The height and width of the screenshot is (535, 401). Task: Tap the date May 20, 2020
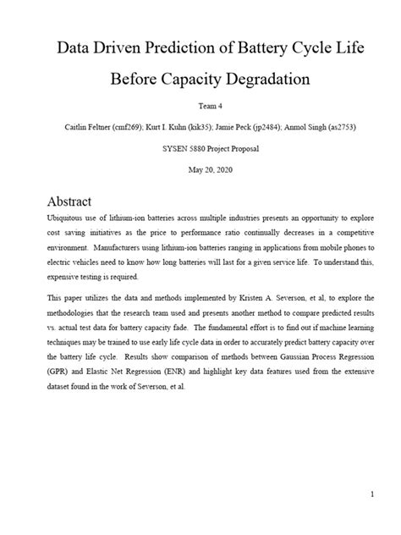[x=200, y=169]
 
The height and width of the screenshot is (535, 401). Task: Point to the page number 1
[x=371, y=492]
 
